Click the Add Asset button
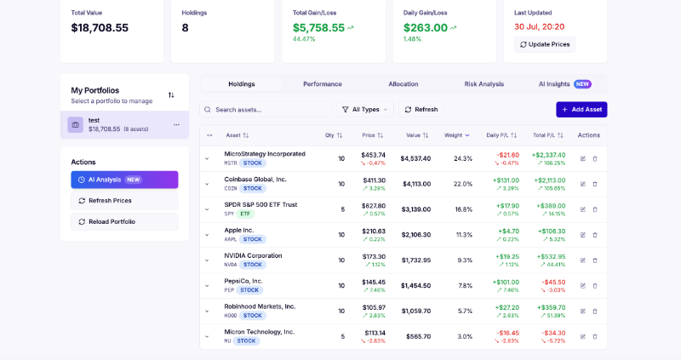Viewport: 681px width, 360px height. tap(581, 110)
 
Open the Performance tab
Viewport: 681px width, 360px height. tap(323, 84)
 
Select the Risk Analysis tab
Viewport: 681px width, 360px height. tap(484, 84)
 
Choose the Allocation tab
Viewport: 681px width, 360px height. tap(403, 84)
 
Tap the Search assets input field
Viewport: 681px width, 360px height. tap(266, 110)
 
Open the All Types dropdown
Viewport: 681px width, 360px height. tap(365, 110)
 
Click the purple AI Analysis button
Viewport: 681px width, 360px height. tap(124, 180)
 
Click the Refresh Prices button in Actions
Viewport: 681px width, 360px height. tap(124, 201)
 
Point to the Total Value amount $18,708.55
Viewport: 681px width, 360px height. tap(100, 28)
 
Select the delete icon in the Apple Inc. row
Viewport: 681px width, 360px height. tap(595, 235)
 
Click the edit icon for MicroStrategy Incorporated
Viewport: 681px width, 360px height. tap(583, 158)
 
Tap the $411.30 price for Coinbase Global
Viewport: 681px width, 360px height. tap(374, 180)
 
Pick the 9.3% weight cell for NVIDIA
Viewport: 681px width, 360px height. tap(465, 260)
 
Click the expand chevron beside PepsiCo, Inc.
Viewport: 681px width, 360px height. tap(207, 286)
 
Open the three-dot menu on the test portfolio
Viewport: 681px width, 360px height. tap(176, 125)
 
